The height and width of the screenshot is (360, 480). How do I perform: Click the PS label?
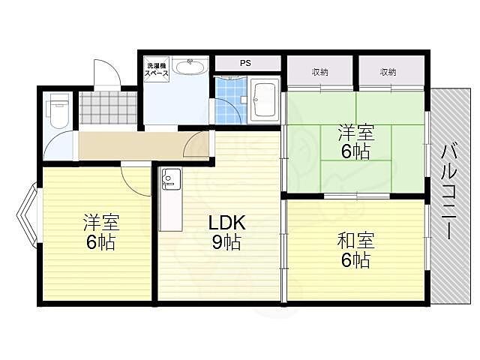pos(245,63)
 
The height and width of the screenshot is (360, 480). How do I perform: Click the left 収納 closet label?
pos(320,72)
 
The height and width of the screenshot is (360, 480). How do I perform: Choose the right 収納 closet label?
pos(387,72)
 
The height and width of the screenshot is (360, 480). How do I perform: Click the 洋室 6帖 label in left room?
pos(99,232)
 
